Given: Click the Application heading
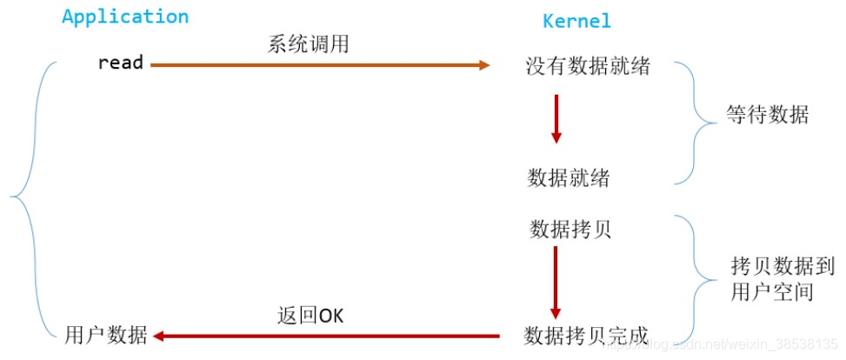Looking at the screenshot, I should [x=125, y=17].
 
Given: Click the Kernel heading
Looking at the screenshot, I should [x=576, y=20].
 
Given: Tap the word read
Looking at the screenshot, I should [x=120, y=63].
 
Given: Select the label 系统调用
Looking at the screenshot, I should [x=308, y=43].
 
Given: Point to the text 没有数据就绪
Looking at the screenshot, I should [x=587, y=66].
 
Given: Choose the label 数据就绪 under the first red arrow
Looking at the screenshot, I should [x=569, y=178].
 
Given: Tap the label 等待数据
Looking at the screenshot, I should [x=767, y=115].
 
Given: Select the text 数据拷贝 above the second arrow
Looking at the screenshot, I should [x=570, y=229].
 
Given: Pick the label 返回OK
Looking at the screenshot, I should [x=310, y=315].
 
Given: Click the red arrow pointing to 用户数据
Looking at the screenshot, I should [x=327, y=336].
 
